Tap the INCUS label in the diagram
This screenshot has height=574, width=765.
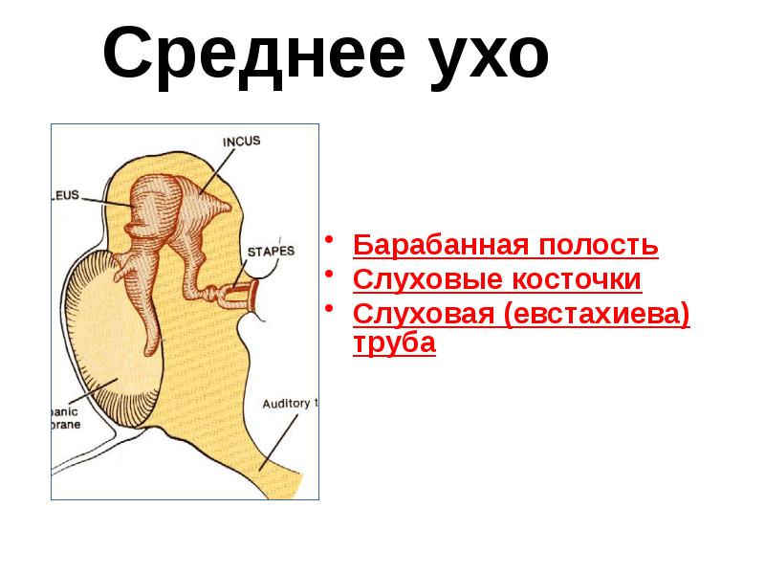point(241,141)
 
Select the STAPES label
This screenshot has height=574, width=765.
point(272,251)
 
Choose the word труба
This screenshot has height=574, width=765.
point(394,343)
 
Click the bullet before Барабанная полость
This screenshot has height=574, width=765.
point(330,238)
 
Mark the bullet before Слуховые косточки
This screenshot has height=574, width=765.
point(330,274)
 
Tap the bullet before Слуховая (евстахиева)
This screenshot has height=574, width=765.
point(330,308)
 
